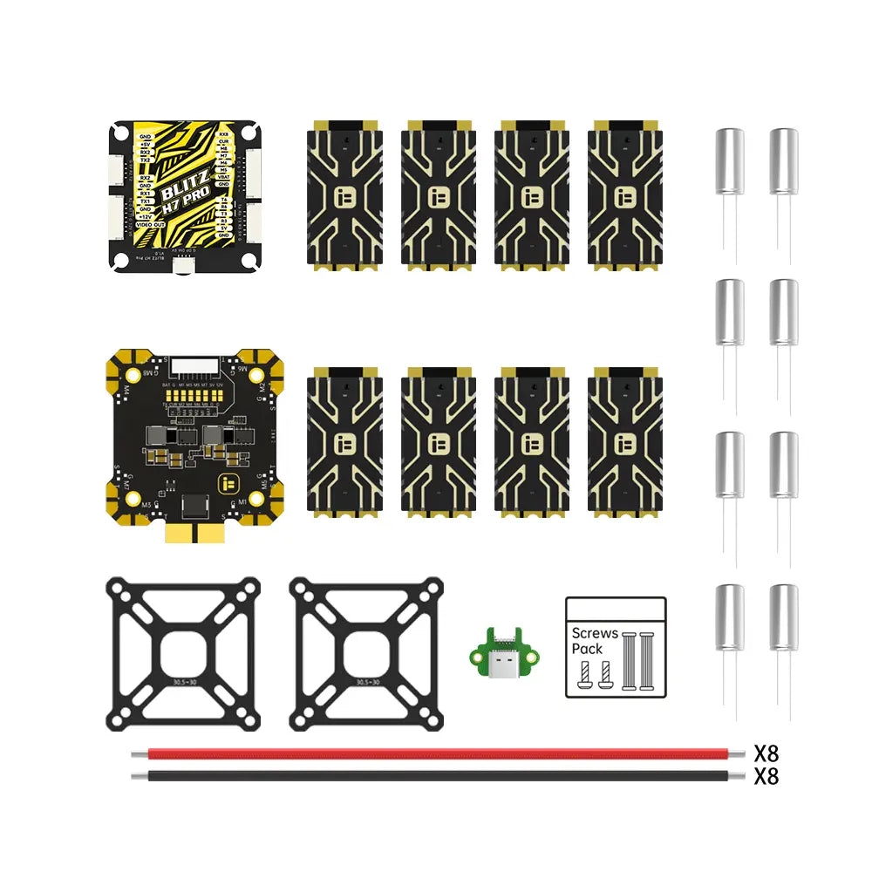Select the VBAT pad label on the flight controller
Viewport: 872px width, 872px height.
point(223,176)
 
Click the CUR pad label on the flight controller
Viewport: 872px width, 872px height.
point(224,142)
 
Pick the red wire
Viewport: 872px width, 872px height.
point(436,753)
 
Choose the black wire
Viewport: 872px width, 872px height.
point(436,775)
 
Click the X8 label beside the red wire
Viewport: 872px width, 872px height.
point(766,753)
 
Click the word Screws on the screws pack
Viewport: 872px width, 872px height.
point(595,634)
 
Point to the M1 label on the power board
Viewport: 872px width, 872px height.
point(242,503)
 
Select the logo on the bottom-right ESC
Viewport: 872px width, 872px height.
point(624,443)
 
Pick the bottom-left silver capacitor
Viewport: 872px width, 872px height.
point(730,617)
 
